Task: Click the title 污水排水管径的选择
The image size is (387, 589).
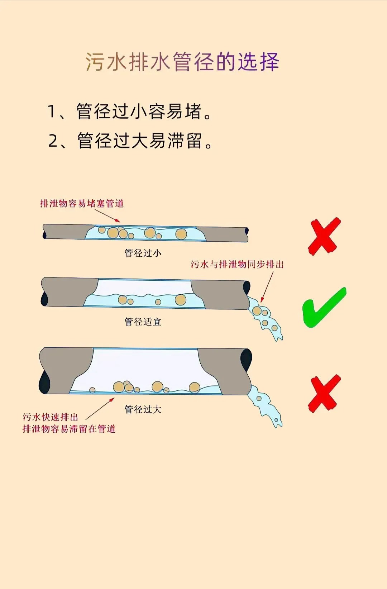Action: (x=182, y=62)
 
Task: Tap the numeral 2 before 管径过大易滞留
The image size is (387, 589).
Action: (x=53, y=141)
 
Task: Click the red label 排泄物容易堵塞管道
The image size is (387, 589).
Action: (x=82, y=203)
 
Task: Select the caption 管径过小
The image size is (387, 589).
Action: (x=143, y=253)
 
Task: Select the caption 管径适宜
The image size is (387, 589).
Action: (x=143, y=321)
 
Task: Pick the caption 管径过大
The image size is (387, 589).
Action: (x=143, y=409)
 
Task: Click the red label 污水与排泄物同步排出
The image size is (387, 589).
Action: (x=237, y=264)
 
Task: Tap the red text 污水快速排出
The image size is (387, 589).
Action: (x=50, y=417)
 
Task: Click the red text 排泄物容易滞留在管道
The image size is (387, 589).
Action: (x=69, y=429)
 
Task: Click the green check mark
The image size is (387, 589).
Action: (x=324, y=308)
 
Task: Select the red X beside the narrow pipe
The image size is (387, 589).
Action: (x=324, y=236)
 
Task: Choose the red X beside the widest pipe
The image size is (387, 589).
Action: (x=324, y=394)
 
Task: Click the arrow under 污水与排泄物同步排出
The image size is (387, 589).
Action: (x=267, y=287)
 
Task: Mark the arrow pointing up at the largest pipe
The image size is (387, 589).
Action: (x=100, y=408)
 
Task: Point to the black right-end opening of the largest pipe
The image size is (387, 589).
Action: (x=246, y=360)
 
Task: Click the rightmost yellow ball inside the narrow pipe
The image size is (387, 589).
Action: (x=181, y=234)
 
